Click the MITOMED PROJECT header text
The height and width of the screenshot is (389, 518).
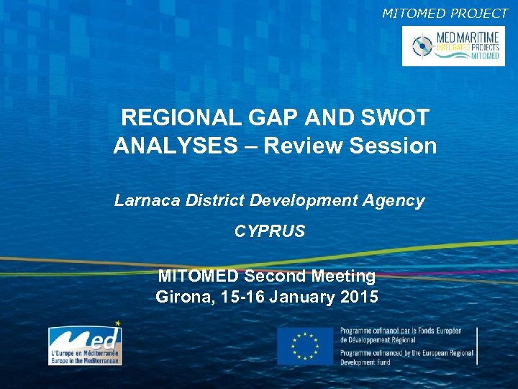[x=445, y=12]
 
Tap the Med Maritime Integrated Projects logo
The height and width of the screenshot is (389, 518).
[x=453, y=46]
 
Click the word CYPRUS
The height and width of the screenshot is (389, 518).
[x=270, y=232]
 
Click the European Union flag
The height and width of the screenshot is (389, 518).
[x=305, y=346]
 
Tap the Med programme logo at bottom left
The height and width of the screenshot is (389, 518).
[x=85, y=344]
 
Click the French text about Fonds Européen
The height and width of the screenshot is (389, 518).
[x=406, y=335]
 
